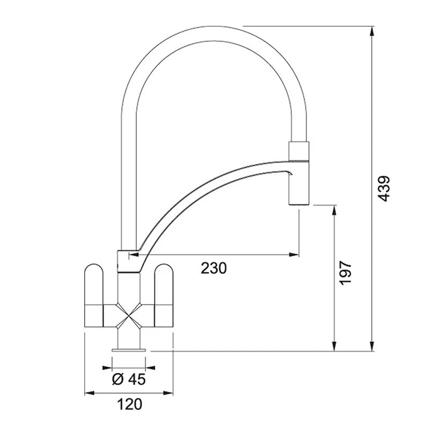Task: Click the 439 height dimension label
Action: click(x=383, y=189)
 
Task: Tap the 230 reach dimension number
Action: click(x=214, y=268)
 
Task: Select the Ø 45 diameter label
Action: click(x=129, y=379)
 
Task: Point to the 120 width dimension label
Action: click(x=129, y=404)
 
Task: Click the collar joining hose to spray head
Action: click(x=299, y=151)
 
